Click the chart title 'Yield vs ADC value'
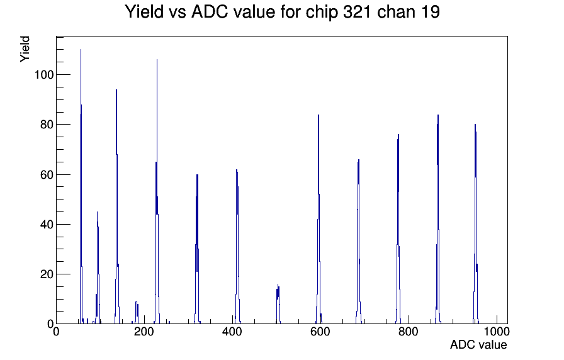(x=200, y=12)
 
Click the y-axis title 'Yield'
(x=25, y=49)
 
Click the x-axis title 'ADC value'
(x=478, y=344)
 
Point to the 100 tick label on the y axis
(x=44, y=75)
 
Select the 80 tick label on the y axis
(x=47, y=125)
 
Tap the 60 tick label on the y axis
(x=47, y=174)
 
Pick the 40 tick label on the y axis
(x=47, y=225)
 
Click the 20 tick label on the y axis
(x=47, y=274)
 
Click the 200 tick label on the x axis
(x=144, y=331)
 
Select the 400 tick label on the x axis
(x=232, y=331)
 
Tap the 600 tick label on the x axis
(x=320, y=331)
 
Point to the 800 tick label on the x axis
(x=409, y=331)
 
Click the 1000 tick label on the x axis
(x=497, y=331)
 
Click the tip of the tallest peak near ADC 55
(x=81, y=50)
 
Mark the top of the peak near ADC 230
(x=157, y=60)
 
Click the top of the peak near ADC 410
(x=237, y=170)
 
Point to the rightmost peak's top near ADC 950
(x=475, y=125)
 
